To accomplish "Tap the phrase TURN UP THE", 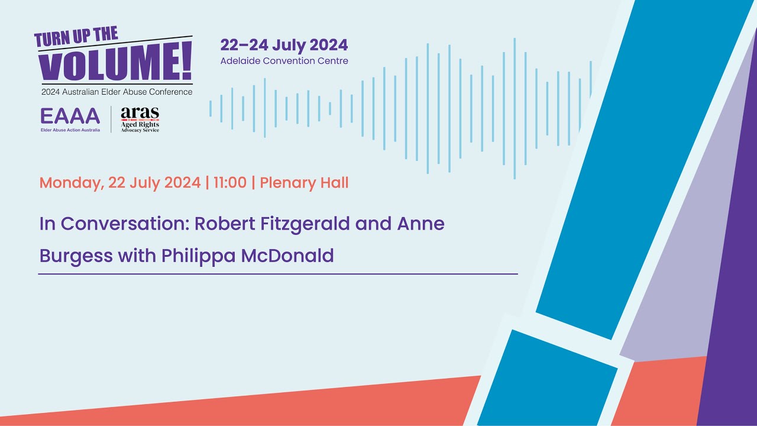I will click(x=76, y=37).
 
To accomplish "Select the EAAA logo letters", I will click(x=70, y=116).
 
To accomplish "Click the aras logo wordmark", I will click(x=140, y=113).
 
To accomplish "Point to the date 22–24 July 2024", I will click(x=284, y=45).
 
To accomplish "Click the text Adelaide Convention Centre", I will click(x=284, y=61).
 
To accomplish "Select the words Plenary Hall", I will click(x=304, y=183).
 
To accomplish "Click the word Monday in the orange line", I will click(x=72, y=183).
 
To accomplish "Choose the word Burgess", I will click(x=75, y=256).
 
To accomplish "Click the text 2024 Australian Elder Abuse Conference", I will click(x=117, y=92).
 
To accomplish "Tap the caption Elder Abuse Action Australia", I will click(x=70, y=130).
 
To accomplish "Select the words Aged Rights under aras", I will click(x=140, y=124).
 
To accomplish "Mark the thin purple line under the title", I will click(x=278, y=274).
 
